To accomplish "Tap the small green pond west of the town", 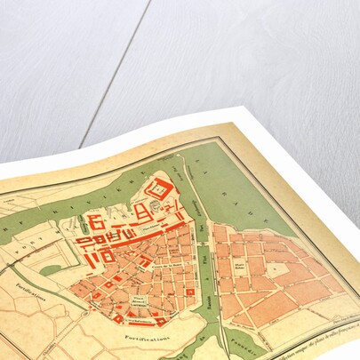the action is (x=51, y=268).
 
